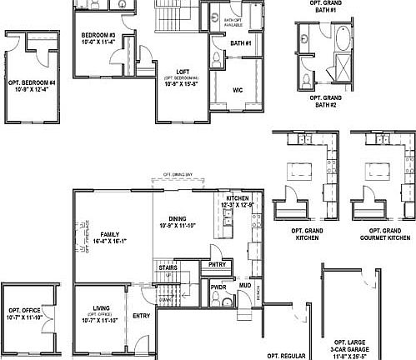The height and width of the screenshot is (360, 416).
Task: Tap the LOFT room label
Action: coord(183,72)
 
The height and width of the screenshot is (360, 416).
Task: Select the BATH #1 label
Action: coord(240,42)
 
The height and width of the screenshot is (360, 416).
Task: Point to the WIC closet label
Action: coord(237,87)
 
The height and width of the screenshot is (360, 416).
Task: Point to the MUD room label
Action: coord(245,286)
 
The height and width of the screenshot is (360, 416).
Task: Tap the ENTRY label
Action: coord(142,315)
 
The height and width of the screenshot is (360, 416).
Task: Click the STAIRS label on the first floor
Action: coord(167,267)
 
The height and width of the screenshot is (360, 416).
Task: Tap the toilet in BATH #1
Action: coord(216,57)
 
